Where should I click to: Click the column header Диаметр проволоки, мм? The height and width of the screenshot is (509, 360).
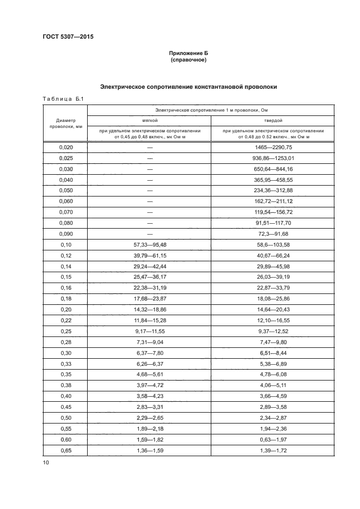click(x=65, y=123)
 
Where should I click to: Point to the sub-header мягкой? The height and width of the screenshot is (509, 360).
click(x=149, y=120)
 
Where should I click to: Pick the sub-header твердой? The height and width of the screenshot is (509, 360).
click(x=273, y=120)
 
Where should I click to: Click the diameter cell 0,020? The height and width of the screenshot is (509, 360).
click(x=65, y=148)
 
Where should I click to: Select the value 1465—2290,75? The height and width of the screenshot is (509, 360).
click(x=273, y=148)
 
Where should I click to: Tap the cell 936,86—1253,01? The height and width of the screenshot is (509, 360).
click(x=273, y=158)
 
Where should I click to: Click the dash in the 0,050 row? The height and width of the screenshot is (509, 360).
click(x=149, y=191)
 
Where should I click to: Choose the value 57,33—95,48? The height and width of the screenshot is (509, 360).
click(x=149, y=246)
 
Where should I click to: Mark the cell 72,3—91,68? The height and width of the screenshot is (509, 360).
click(x=273, y=235)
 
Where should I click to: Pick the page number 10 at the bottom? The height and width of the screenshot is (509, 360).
click(x=46, y=463)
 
